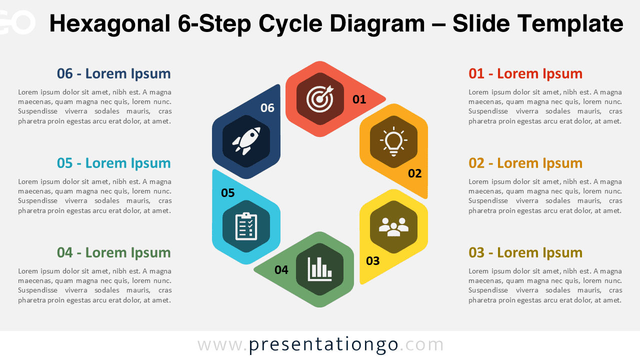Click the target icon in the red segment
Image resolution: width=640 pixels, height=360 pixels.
pyautogui.click(x=320, y=98)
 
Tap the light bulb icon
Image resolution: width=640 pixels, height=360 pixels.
pyautogui.click(x=393, y=141)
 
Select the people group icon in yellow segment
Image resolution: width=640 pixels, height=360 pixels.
pyautogui.click(x=393, y=227)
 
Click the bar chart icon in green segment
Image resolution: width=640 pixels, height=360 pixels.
pyautogui.click(x=320, y=269)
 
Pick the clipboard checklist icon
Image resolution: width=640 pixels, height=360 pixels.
pyautogui.click(x=246, y=226)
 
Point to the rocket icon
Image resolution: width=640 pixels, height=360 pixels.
pyautogui.click(x=246, y=140)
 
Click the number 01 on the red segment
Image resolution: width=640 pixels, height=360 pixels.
pyautogui.click(x=359, y=99)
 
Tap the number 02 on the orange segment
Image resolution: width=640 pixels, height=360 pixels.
pyautogui.click(x=414, y=173)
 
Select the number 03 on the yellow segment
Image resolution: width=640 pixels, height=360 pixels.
pyautogui.click(x=372, y=260)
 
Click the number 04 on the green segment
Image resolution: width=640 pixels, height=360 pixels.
pyautogui.click(x=281, y=270)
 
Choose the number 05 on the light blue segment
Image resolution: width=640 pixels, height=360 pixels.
pyautogui.click(x=227, y=193)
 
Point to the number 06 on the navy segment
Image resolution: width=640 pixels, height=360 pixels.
pyautogui.click(x=267, y=108)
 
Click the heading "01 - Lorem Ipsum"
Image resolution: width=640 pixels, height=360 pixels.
pyautogui.click(x=525, y=74)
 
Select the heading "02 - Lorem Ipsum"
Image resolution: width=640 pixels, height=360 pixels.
pyautogui.click(x=525, y=163)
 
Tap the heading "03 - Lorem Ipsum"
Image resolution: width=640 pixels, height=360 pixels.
pyautogui.click(x=525, y=253)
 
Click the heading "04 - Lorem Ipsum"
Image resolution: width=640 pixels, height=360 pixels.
pyautogui.click(x=114, y=253)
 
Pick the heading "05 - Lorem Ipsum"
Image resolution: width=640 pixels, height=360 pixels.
pyautogui.click(x=114, y=163)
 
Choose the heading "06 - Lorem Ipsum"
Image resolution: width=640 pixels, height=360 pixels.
pyautogui.click(x=114, y=74)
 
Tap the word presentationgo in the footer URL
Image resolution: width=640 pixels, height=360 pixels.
pyautogui.click(x=323, y=344)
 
